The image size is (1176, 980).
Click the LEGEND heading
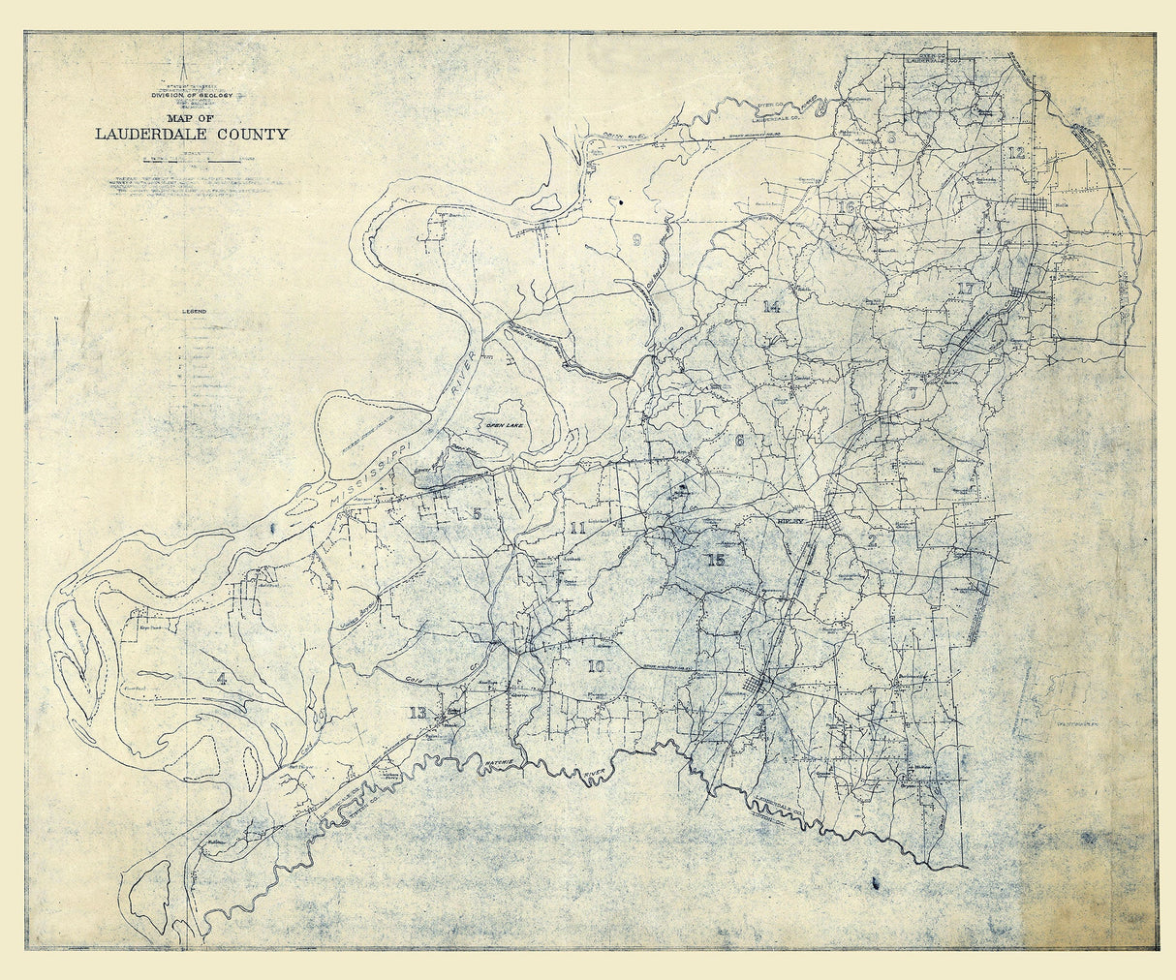click(x=195, y=312)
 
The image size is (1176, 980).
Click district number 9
click(x=636, y=241)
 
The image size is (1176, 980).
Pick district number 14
click(x=771, y=307)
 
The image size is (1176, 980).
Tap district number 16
click(x=848, y=207)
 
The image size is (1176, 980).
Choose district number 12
click(x=1015, y=154)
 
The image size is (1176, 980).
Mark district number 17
click(x=964, y=289)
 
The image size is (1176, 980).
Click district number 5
click(x=476, y=513)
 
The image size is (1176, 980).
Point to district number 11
click(x=578, y=529)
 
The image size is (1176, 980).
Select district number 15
click(x=716, y=560)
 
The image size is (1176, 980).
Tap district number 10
click(x=595, y=666)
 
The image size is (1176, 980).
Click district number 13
click(x=418, y=714)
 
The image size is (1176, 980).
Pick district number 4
click(x=222, y=678)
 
